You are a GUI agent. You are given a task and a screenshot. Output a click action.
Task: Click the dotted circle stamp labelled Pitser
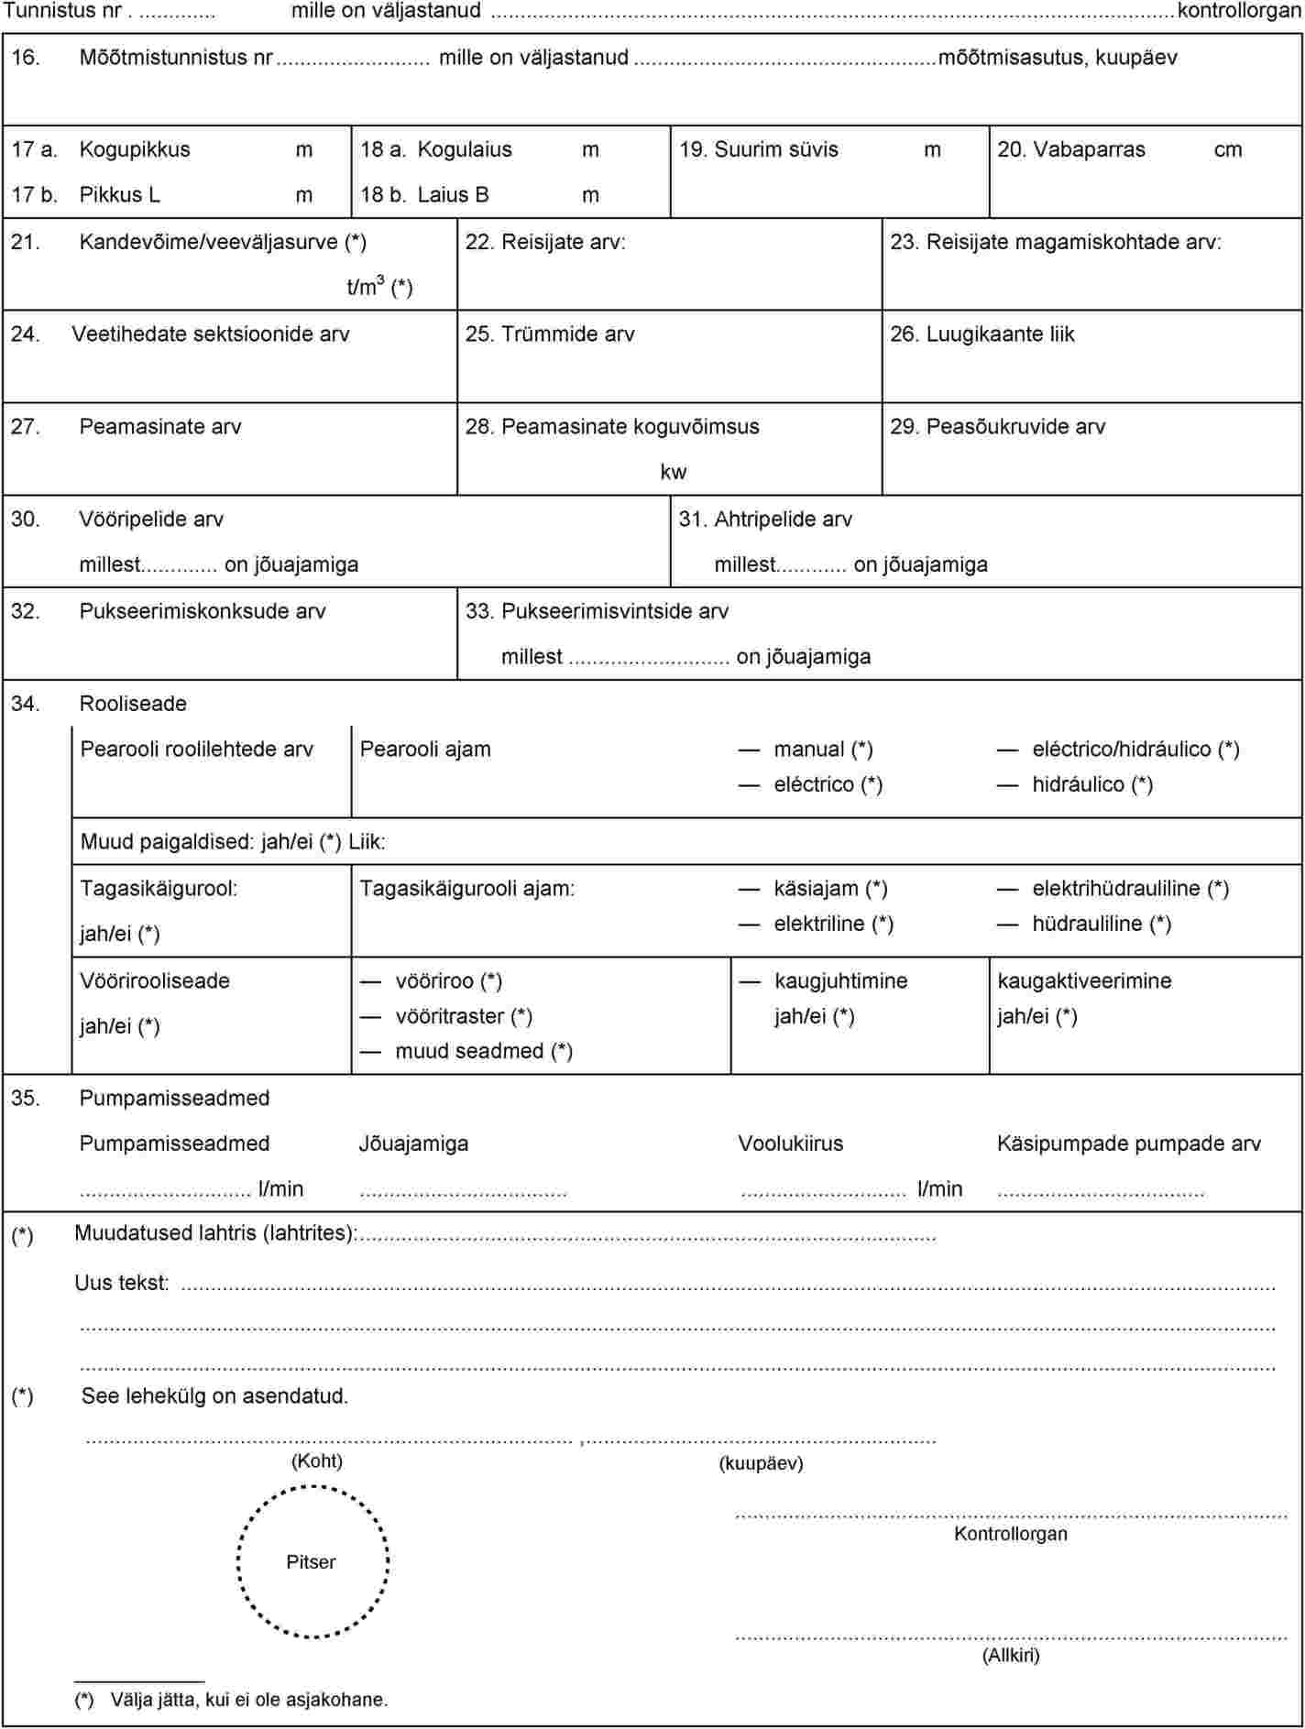[313, 1561]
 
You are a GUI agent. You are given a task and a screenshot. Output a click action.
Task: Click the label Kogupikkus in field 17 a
[135, 149]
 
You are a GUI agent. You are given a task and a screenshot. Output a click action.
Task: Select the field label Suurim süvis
[775, 149]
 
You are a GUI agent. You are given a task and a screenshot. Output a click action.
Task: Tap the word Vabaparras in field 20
[1089, 149]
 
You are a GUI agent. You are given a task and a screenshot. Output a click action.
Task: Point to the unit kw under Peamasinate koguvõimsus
[673, 472]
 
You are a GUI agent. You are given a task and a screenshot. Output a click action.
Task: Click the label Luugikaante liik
[1000, 334]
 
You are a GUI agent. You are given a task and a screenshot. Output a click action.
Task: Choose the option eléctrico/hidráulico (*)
[1135, 749]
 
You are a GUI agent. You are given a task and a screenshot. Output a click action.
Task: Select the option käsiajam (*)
[830, 888]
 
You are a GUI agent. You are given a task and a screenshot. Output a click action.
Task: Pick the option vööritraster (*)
[464, 1016]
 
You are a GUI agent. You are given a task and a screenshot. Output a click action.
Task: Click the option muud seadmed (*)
[484, 1051]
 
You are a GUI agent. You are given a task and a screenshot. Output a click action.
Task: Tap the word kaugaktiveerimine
[1084, 980]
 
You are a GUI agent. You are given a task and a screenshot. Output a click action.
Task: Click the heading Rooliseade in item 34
[133, 704]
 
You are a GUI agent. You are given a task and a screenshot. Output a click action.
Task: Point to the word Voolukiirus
[791, 1144]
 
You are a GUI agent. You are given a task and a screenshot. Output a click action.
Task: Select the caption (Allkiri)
[1011, 1655]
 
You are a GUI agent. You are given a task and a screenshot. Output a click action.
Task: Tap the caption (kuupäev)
[761, 1463]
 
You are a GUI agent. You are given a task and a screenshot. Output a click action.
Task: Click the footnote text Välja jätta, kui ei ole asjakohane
[249, 1700]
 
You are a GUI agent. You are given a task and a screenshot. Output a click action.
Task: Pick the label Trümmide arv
[567, 334]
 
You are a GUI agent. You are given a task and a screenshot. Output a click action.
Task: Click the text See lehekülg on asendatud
[214, 1396]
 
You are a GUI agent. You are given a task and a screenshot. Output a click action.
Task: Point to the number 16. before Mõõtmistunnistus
[25, 57]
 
